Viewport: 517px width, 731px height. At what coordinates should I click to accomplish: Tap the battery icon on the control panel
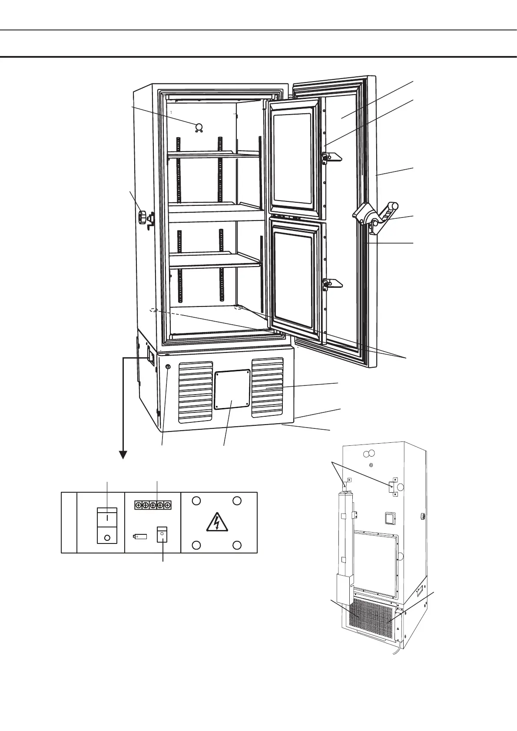click(140, 537)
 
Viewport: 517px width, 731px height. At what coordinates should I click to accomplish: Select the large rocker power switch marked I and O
click(107, 525)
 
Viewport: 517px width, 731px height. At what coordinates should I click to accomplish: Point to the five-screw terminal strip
click(152, 505)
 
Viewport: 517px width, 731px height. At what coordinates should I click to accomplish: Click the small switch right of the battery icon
click(162, 534)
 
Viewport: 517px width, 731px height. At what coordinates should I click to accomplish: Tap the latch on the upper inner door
click(331, 157)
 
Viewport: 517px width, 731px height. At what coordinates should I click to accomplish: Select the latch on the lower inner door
click(332, 284)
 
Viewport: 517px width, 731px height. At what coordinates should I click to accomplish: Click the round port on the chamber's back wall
click(199, 127)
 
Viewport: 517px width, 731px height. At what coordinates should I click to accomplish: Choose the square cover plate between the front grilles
click(232, 389)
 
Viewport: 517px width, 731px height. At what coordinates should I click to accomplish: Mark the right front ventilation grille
click(268, 387)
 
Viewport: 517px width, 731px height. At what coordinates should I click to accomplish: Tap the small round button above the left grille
click(168, 367)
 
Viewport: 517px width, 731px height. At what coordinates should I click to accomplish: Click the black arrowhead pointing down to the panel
click(123, 454)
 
